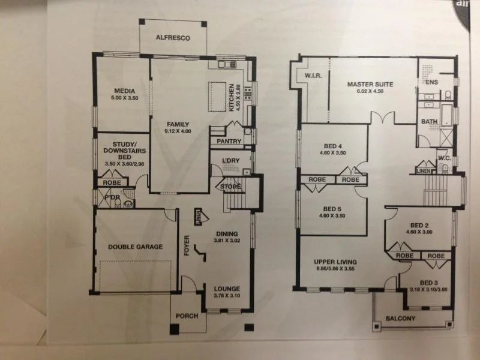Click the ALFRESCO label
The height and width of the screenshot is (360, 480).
173,38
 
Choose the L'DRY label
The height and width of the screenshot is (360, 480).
230,161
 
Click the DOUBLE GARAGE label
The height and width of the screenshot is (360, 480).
135,247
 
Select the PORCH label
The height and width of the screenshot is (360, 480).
186,316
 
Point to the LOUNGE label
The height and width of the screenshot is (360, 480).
227,289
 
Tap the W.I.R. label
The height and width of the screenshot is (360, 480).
314,76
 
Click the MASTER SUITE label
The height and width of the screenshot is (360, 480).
370,84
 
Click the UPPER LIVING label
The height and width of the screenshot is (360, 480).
335,262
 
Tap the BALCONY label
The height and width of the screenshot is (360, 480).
400,319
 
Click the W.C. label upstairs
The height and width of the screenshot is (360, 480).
444,158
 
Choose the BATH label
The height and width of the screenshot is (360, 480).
429,121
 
